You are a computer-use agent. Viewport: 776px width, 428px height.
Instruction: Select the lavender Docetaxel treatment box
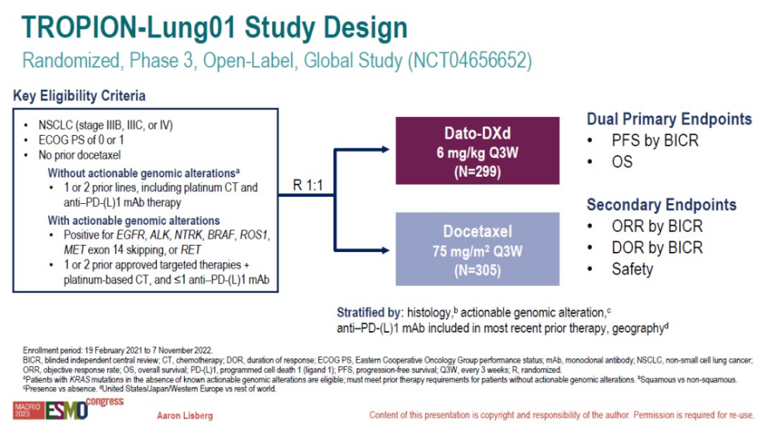476,248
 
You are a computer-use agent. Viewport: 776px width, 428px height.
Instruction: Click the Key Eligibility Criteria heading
79,96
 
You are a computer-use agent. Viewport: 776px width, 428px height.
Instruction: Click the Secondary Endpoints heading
661,205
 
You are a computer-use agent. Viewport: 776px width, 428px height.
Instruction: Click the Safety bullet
632,269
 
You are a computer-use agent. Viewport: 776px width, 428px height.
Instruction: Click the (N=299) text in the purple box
476,171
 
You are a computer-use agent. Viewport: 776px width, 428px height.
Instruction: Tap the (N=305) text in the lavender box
476,268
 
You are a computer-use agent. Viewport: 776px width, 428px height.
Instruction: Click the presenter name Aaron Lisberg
186,416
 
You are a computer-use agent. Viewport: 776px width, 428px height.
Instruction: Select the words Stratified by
368,312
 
